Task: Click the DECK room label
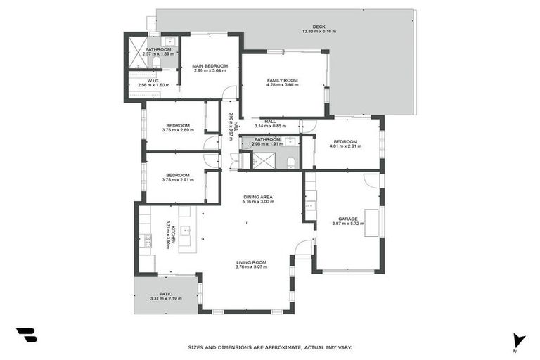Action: tap(309, 27)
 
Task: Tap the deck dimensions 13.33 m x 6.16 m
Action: tap(319, 32)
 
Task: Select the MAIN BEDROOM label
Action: tap(210, 66)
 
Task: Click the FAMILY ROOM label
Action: tap(282, 81)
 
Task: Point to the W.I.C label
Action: tap(153, 81)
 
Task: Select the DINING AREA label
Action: tap(258, 197)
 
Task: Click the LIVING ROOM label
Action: tap(251, 262)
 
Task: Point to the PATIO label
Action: tap(165, 294)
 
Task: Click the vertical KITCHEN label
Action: tap(173, 235)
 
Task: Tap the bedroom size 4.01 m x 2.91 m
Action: tap(347, 146)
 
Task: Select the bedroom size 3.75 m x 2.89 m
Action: tap(176, 130)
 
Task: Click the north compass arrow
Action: tap(519, 340)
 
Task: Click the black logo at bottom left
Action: tap(26, 335)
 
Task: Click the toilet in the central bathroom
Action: tap(290, 163)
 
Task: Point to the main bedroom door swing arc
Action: tap(229, 93)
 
